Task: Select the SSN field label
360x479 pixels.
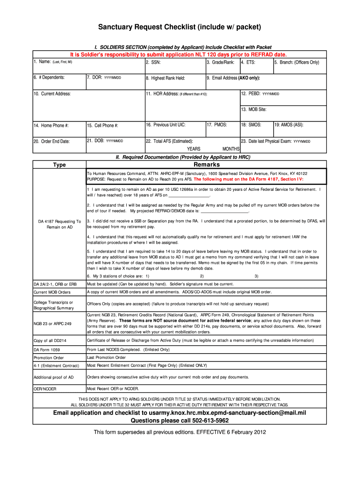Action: [154, 62]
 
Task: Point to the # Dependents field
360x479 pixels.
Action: [49, 78]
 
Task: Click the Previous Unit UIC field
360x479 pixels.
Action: [166, 125]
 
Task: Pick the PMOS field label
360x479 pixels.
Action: [217, 125]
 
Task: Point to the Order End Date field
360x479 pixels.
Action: [51, 141]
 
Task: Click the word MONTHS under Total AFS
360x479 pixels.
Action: [230, 149]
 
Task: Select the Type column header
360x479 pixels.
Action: [59, 165]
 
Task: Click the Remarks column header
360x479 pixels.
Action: [206, 165]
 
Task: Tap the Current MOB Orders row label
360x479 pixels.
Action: [52, 292]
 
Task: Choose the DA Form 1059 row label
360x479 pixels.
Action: [47, 349]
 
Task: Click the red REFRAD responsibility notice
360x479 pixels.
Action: [179, 54]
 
